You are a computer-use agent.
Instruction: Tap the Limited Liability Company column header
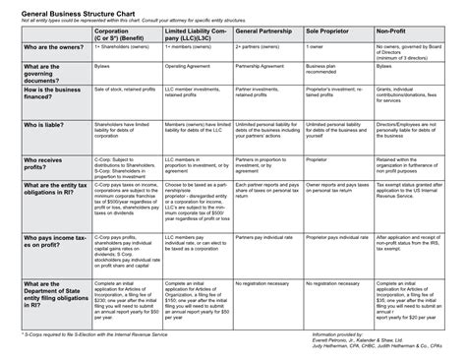(x=195, y=36)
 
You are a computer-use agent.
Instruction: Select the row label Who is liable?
(x=43, y=125)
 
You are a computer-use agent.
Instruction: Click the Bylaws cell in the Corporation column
(x=101, y=65)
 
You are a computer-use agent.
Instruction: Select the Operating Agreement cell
(x=188, y=65)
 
